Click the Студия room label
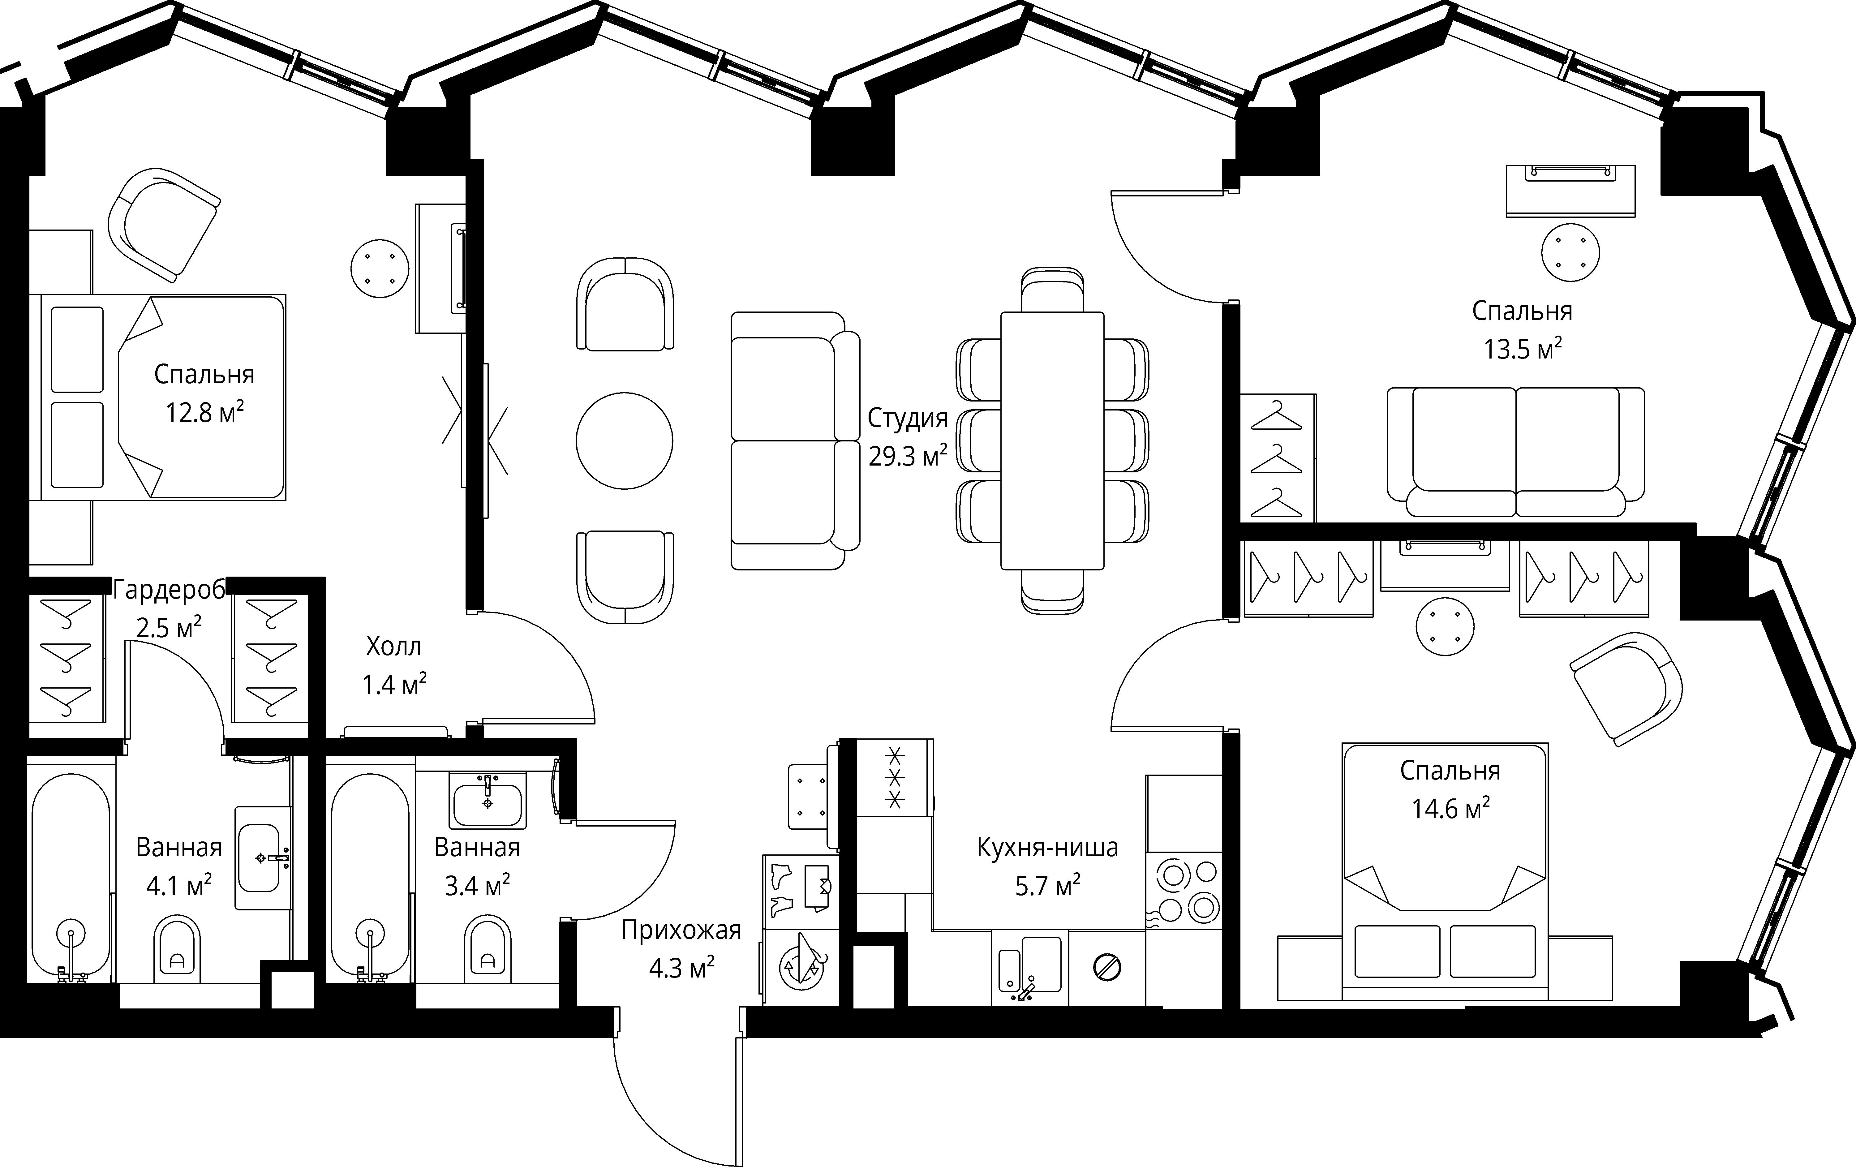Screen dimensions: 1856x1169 [907, 419]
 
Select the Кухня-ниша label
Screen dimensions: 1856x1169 [1047, 848]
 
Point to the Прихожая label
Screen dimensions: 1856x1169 [681, 931]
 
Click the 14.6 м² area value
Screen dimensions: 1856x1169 [1450, 808]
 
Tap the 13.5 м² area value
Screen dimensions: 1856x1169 [1522, 349]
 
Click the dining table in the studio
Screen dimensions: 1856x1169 [1052, 440]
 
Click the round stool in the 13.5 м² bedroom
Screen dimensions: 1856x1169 [1570, 252]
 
